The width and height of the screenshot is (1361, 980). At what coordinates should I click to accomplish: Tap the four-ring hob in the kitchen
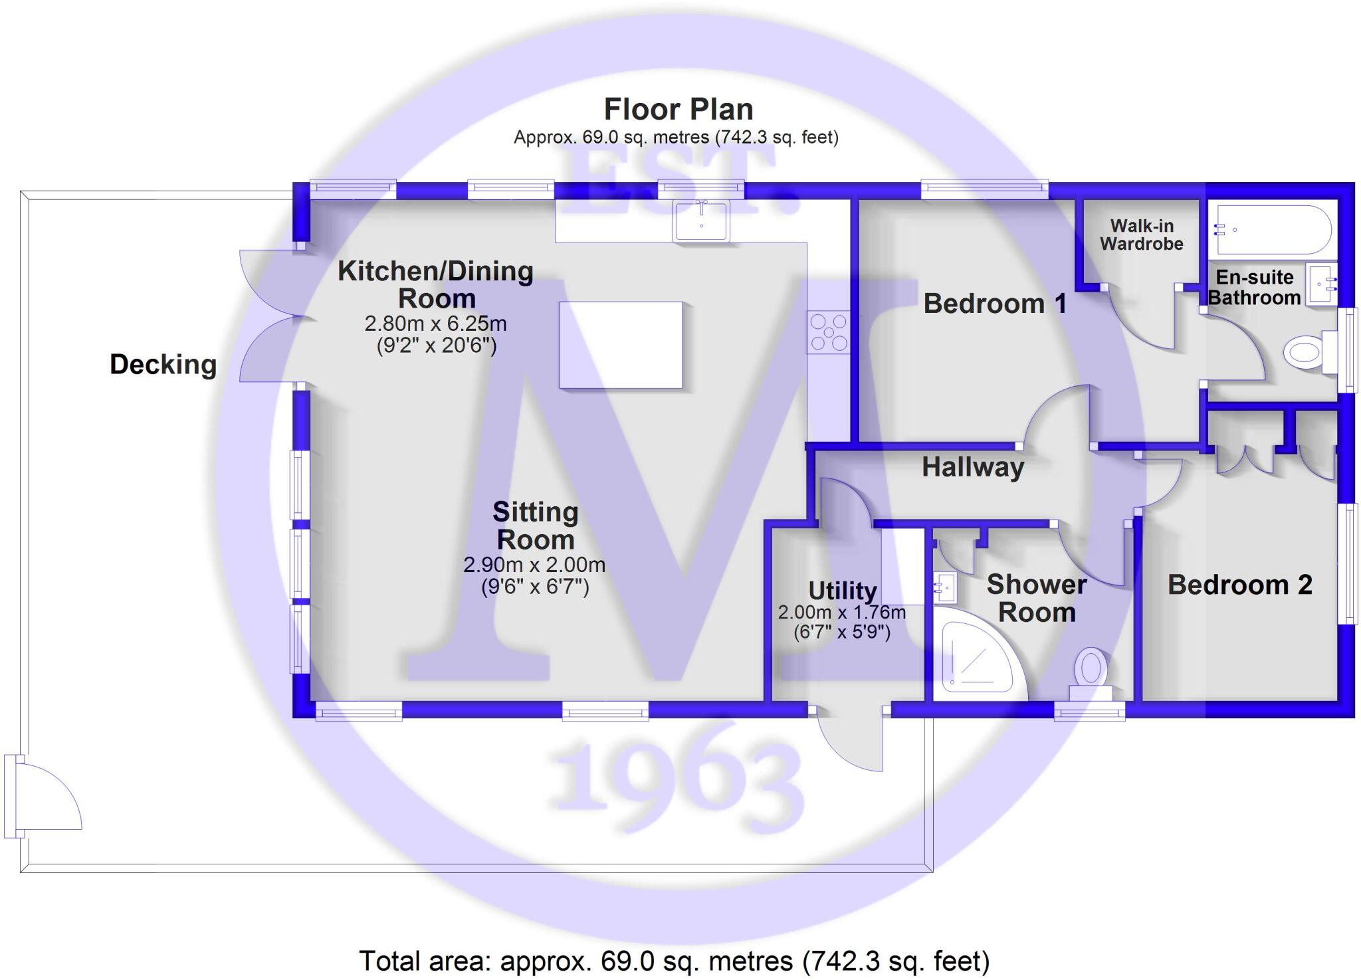(x=829, y=332)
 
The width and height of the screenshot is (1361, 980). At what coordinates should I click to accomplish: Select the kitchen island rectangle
(x=620, y=345)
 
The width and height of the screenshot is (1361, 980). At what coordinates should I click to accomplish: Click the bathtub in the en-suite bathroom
(x=1272, y=230)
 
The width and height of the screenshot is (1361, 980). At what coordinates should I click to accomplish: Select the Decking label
(x=163, y=365)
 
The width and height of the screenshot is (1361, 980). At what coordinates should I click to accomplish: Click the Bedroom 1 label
(x=995, y=304)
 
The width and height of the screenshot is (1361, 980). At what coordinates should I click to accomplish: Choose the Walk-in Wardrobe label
(x=1141, y=235)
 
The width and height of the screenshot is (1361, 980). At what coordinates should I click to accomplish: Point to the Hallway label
(x=972, y=468)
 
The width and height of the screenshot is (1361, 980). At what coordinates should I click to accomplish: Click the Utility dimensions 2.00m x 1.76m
(x=841, y=612)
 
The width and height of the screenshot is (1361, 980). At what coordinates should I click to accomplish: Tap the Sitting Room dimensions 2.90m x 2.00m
(x=534, y=565)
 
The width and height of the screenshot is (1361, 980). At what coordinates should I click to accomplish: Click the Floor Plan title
(x=678, y=110)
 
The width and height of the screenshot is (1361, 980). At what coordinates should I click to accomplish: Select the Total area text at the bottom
(x=674, y=961)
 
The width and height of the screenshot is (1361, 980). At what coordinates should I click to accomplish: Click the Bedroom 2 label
(x=1239, y=585)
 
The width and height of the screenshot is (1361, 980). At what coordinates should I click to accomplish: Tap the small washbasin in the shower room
(x=944, y=587)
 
